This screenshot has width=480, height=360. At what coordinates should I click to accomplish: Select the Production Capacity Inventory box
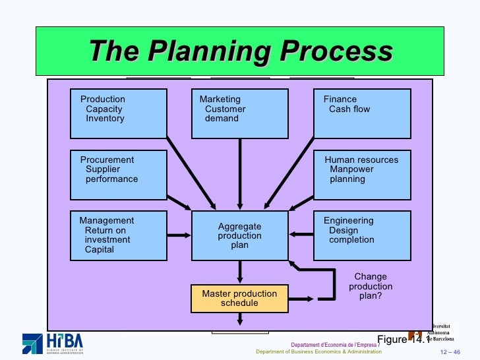pos(119,113)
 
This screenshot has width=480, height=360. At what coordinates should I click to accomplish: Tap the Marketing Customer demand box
pos(239,113)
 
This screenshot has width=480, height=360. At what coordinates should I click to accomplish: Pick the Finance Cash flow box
pos(362,113)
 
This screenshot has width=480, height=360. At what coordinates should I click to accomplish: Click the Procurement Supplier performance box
pos(119,175)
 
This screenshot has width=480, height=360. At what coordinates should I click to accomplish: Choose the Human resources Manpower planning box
pos(362,175)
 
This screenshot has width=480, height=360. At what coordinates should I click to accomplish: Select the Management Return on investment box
pos(119,235)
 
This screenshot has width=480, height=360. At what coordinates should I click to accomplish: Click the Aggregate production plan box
pos(239,235)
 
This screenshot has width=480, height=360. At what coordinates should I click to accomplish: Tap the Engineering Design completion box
pos(362,235)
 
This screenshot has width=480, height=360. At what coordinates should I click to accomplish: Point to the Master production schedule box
pos(239,299)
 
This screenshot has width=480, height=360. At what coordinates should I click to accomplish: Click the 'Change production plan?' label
pos(371,287)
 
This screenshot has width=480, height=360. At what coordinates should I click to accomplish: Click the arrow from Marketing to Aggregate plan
pos(240,175)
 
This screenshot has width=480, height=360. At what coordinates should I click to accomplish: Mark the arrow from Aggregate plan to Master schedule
pos(240,272)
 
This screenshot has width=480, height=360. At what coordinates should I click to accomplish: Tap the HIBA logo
pos(53,343)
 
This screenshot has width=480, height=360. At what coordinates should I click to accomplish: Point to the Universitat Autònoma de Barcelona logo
pos(432,334)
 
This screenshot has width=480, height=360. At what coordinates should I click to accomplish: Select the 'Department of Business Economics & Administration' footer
pos(318,352)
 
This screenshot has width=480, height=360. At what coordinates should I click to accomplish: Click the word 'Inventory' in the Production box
pos(105,119)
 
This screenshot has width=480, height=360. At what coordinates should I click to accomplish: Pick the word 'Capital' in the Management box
pos(100,250)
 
